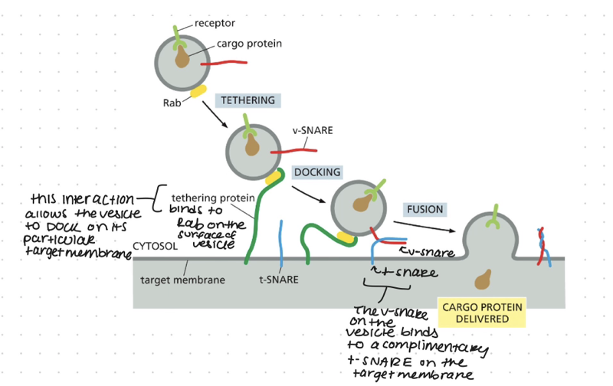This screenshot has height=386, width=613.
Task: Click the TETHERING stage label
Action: (247, 100)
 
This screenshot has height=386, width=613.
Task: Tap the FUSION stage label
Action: (425, 209)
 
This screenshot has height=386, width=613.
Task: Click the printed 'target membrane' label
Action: (183, 280)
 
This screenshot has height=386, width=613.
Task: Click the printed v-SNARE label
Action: (312, 130)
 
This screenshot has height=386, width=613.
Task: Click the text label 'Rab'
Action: (170, 100)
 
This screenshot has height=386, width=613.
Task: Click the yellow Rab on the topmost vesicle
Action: (198, 91)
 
